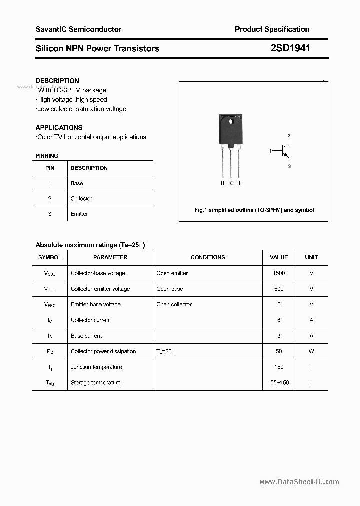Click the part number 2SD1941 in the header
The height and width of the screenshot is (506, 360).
coord(290,48)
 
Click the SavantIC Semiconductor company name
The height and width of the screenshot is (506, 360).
coord(78,29)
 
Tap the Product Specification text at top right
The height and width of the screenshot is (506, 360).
coord(272,29)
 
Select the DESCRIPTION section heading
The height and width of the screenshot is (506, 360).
coord(57,81)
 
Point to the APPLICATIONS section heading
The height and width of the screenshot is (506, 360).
coord(59,127)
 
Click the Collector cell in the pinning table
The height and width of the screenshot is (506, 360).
coord(81,199)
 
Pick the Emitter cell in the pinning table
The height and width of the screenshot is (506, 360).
coord(79,214)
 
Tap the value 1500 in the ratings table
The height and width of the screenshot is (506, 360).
coord(278,273)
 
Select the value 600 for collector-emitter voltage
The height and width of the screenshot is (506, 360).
coord(278,289)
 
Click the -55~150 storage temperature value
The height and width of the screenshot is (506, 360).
coord(278,383)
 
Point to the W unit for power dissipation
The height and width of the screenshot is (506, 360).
coord(311,351)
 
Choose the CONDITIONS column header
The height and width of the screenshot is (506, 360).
coord(208,257)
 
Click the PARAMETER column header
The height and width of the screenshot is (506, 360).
coord(110,257)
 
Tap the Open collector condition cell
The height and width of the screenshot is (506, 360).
coord(174,304)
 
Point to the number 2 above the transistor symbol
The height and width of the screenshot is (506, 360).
coord(289,136)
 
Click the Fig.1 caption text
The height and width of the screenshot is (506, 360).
coord(254,210)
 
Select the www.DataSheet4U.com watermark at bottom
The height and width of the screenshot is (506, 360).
coord(299,482)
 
